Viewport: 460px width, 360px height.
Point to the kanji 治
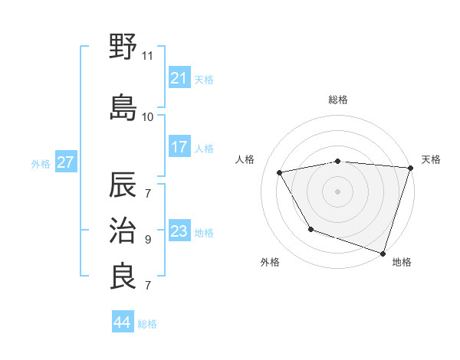tap(123, 230)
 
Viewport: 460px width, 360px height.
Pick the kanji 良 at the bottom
tap(123, 276)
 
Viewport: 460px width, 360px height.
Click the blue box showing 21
tap(179, 78)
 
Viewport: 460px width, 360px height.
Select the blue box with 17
tap(179, 148)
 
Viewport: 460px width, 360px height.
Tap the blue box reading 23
tap(179, 232)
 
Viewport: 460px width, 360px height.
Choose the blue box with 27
tap(65, 162)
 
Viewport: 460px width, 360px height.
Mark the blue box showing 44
tap(123, 322)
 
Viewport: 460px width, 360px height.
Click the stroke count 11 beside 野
tap(148, 56)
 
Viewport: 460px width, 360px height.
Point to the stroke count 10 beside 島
tap(148, 117)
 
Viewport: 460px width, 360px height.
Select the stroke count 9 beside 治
tap(148, 240)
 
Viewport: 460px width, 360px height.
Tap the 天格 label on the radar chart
tap(431, 159)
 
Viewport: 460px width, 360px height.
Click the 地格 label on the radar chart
tap(402, 262)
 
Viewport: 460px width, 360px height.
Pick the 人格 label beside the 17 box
tap(204, 149)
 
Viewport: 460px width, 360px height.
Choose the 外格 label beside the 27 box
tap(41, 163)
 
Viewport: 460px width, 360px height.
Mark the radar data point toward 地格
tap(383, 252)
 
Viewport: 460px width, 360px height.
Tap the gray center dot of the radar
tap(337, 191)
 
